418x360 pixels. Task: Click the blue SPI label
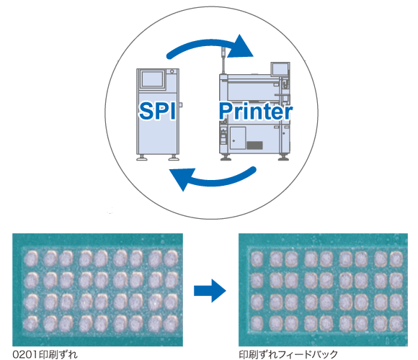click(157, 111)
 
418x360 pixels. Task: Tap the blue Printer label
click(256, 111)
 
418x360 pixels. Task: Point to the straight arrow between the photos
click(210, 290)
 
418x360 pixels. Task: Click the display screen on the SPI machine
click(153, 78)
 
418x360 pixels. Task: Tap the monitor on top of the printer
click(280, 69)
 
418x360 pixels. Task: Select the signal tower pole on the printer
click(223, 60)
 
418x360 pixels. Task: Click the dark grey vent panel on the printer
click(254, 145)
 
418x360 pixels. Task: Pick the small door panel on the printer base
click(238, 138)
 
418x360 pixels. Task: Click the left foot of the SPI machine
click(142, 158)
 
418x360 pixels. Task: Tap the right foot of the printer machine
click(283, 158)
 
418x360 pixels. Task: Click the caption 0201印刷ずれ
click(45, 354)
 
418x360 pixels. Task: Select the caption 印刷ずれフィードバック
click(288, 354)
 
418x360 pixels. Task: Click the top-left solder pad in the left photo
click(31, 258)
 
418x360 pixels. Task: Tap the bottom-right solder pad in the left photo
click(171, 323)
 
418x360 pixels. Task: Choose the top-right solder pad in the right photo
click(396, 258)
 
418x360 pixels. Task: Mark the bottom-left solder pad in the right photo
click(257, 323)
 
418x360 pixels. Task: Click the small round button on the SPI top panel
click(172, 71)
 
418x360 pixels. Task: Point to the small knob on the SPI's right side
click(180, 105)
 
